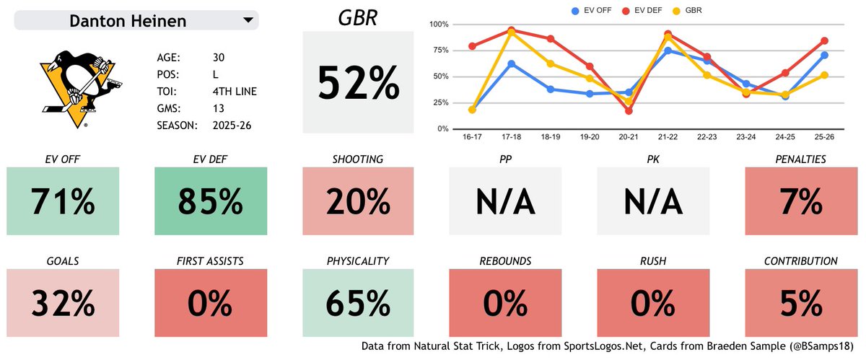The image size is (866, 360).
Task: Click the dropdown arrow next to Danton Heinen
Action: coord(248,19)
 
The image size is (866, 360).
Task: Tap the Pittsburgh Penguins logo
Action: coord(81,89)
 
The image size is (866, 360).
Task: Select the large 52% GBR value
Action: coord(358,83)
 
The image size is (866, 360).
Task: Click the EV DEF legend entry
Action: coord(642,10)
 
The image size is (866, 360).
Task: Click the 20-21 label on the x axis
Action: coord(629,137)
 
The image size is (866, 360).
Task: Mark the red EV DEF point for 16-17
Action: coord(472,46)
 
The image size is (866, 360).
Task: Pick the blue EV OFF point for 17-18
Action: coord(511,63)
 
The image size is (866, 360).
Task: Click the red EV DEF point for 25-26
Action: coord(824,40)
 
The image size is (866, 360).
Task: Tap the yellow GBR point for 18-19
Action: coord(551,63)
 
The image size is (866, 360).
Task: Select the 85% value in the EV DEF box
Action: coord(210,201)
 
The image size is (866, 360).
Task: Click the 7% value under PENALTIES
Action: coord(800,201)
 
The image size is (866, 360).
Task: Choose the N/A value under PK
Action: coord(653,201)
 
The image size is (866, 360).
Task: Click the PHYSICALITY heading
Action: coord(358,261)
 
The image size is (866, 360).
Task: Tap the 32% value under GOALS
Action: coord(63,303)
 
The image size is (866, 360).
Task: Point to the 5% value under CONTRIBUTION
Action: coord(800,303)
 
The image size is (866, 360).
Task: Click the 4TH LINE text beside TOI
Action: coord(235,92)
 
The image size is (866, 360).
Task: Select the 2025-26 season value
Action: coord(232,126)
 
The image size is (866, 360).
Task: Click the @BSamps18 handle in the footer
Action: coord(821,346)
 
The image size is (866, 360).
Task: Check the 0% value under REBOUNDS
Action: coord(505,303)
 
